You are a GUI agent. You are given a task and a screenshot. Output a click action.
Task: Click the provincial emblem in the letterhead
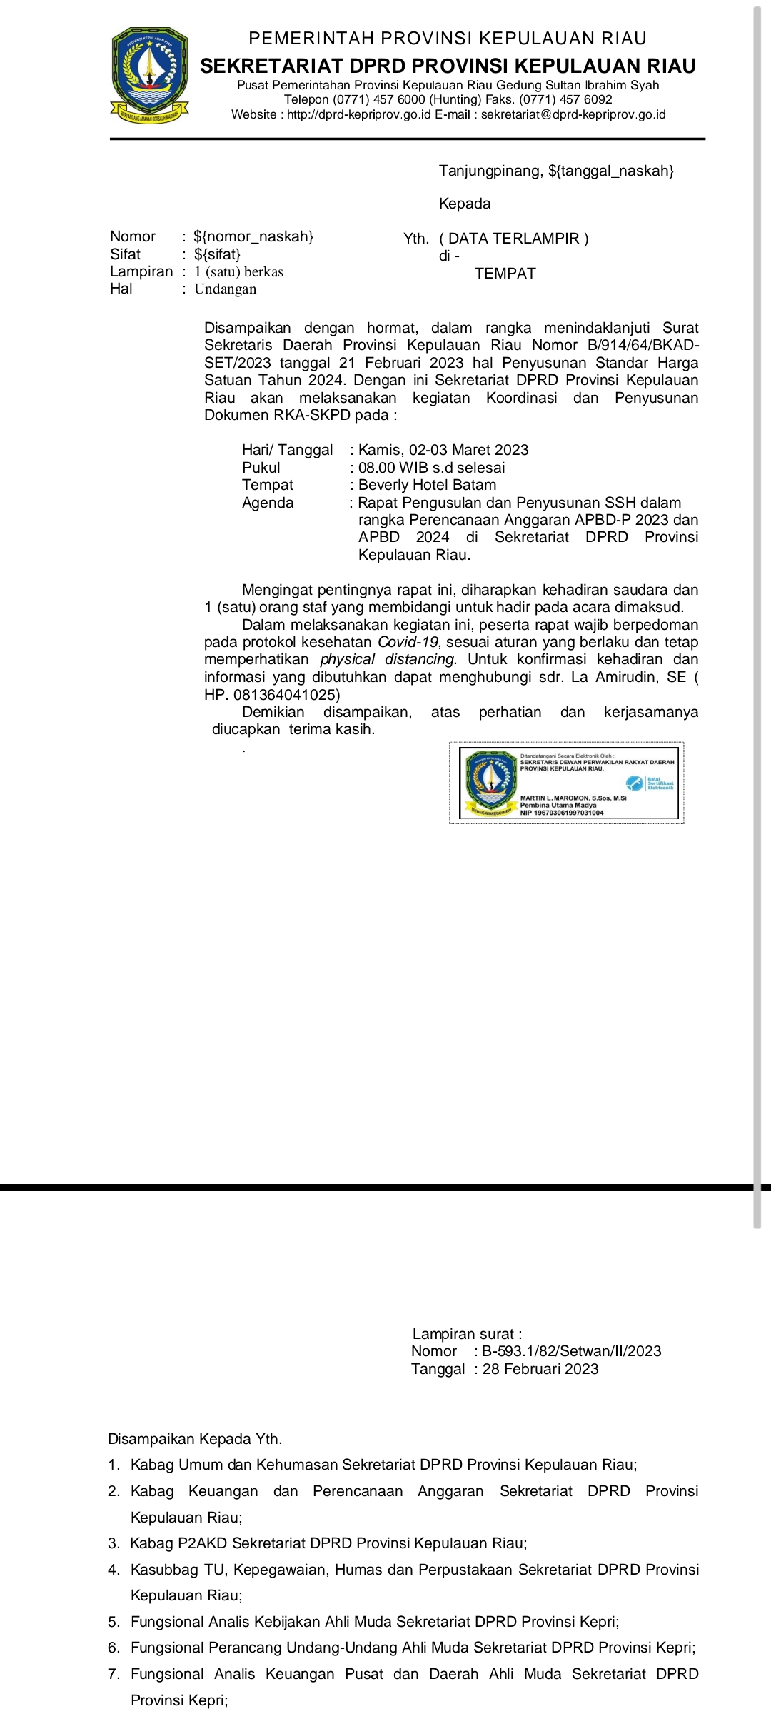149,74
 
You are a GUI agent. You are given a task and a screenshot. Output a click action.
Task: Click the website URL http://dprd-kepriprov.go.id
358,114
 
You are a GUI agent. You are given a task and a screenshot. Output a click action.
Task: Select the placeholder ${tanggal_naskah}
611,171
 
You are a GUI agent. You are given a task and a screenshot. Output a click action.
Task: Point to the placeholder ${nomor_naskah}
253,236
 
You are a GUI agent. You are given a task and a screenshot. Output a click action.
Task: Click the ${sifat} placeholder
217,254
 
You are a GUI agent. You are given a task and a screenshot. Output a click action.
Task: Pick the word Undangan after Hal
225,289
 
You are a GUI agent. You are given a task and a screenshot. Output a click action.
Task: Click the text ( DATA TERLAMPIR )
514,239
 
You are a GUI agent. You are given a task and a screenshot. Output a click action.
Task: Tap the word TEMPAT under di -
505,274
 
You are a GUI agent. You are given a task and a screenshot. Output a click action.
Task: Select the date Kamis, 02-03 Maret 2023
443,450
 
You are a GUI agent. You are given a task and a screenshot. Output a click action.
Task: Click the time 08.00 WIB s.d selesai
431,468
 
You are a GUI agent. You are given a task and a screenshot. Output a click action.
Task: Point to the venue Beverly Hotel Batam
427,485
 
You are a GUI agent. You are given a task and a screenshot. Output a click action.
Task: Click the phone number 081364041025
284,694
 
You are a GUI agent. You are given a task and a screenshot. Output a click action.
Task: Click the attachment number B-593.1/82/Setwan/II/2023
572,1351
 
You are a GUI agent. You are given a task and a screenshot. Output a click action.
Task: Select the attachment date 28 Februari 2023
540,1369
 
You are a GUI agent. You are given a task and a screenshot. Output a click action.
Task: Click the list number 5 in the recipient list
114,1622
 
